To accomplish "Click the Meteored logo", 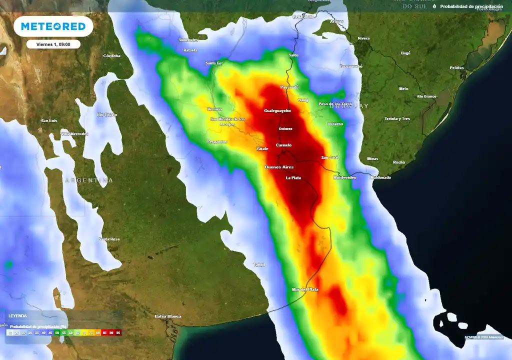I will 53,26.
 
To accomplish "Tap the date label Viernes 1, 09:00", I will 53,44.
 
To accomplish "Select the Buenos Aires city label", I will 279,167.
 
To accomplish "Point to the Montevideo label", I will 344,177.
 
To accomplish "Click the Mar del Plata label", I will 305,289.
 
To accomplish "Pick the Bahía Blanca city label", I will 167,316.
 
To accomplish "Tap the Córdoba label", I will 112,55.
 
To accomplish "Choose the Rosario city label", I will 214,109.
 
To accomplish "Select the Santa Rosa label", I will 109,239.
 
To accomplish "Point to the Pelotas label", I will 456,67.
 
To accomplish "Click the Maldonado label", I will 380,177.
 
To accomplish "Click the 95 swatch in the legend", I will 118,332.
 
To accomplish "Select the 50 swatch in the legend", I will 57,332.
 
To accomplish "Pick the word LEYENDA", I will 17,316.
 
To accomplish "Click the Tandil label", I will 259,264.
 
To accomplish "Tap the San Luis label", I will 49,120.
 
